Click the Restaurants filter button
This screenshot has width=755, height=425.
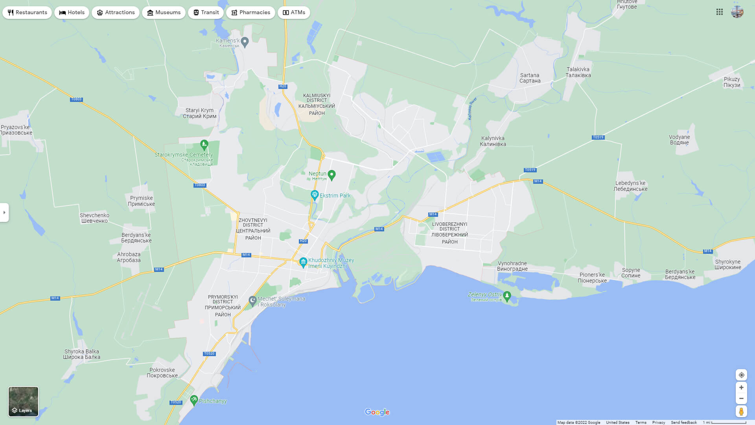click(x=27, y=13)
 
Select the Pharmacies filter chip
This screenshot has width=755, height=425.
click(x=250, y=13)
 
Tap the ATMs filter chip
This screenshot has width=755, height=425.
click(x=294, y=13)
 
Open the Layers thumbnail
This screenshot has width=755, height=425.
click(x=24, y=401)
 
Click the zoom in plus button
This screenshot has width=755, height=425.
click(x=741, y=388)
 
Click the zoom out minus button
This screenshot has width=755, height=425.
click(x=741, y=399)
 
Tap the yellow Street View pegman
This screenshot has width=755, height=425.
click(x=741, y=412)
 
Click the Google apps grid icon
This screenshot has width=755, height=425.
click(x=720, y=12)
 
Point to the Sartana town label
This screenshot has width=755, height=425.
click(x=530, y=78)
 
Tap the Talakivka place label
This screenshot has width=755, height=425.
click(x=578, y=72)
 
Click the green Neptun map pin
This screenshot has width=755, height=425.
click(x=331, y=175)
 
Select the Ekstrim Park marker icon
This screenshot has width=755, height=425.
click(x=315, y=195)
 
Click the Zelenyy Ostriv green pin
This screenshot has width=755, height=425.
click(x=507, y=296)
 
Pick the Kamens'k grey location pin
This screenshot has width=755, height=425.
click(x=245, y=42)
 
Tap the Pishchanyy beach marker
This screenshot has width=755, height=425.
click(x=194, y=400)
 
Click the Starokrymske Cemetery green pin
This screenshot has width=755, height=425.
click(x=204, y=145)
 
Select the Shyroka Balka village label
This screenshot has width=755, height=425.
click(x=82, y=354)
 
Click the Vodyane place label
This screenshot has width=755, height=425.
click(x=679, y=140)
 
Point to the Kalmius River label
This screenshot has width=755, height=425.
click(x=472, y=108)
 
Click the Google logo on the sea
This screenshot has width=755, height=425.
click(x=377, y=412)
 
